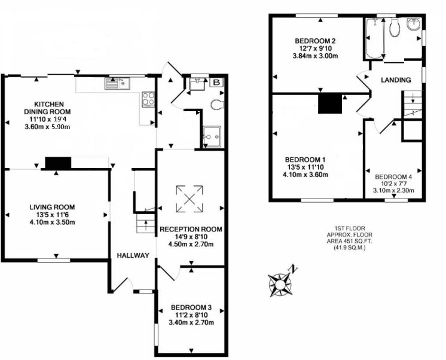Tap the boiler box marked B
click(217, 83)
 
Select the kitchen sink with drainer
click(117, 83)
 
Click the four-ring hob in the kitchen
click(148, 99)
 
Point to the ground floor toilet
click(218, 105)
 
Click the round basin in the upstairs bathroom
click(414, 23)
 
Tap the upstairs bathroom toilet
click(395, 28)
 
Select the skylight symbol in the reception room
click(190, 199)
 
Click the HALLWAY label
click(133, 255)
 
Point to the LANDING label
click(396, 80)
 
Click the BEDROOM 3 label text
click(191, 307)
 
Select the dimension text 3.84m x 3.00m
click(315, 56)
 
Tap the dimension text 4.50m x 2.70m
click(191, 244)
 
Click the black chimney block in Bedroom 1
click(329, 103)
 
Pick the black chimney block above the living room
click(58, 163)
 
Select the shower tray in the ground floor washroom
click(212, 137)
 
